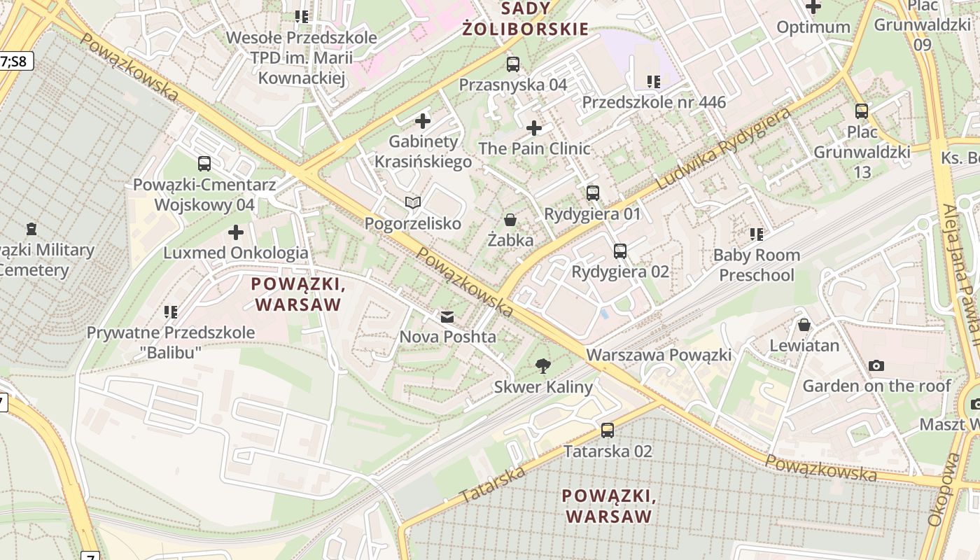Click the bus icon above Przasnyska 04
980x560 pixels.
coord(513,64)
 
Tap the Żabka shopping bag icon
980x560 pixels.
coord(510,220)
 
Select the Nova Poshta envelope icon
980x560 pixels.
coord(447,317)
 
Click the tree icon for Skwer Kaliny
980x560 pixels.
coord(542,365)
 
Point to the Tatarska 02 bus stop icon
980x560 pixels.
coord(608,430)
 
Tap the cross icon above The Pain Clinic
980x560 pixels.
coord(534,128)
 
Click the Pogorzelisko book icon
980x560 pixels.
coord(413,203)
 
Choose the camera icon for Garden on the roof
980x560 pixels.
coord(876,365)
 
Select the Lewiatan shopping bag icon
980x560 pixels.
coord(804,325)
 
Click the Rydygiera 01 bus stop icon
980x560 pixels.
coord(593,193)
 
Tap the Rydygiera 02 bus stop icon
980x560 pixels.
coord(619,251)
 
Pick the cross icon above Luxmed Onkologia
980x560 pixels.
coord(236,232)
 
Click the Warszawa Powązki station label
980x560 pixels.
coord(659,355)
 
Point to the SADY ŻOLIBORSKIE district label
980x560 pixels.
coord(525,19)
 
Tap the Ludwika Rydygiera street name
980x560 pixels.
coord(724,149)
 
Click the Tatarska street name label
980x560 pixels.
coord(493,484)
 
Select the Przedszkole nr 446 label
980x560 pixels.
coord(654,102)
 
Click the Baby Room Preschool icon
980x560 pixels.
coord(756,234)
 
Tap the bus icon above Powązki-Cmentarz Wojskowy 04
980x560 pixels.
coord(204,164)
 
